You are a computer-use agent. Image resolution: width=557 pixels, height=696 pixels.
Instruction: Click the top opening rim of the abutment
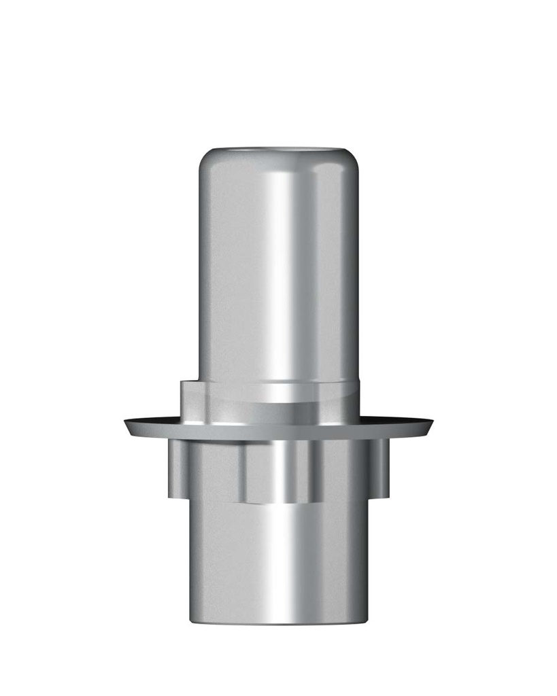279,147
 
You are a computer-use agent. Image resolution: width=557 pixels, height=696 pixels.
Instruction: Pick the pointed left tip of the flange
126,424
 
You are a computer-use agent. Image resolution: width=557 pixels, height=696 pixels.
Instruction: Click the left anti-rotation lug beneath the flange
178,469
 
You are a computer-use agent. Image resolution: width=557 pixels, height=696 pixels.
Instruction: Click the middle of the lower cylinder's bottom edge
279,624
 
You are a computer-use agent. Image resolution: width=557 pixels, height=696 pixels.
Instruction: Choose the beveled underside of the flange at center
279,434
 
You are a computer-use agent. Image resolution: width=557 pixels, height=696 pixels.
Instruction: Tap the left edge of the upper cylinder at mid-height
199,272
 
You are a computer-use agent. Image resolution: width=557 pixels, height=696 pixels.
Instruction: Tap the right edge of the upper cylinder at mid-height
358,272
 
